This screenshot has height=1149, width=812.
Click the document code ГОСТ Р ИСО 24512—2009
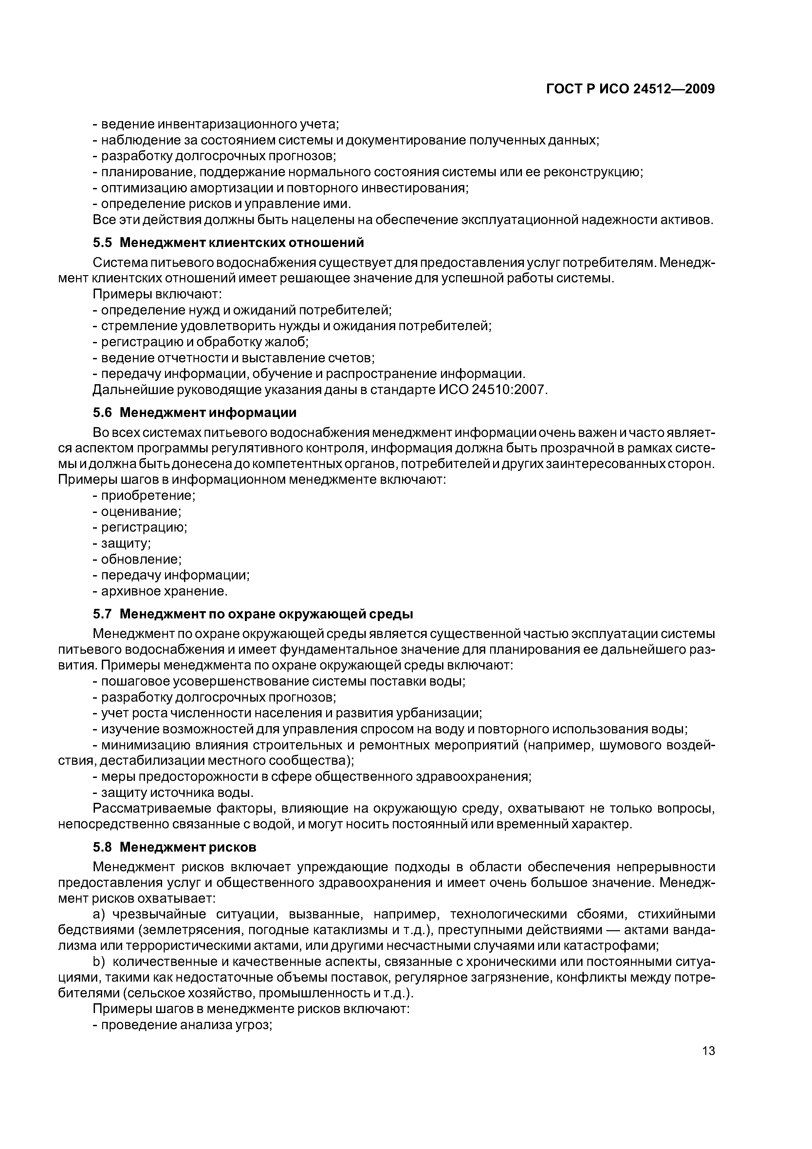tap(630, 89)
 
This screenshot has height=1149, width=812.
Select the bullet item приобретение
tap(148, 496)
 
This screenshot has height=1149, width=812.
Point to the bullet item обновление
tap(141, 559)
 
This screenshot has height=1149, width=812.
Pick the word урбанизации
tap(435, 713)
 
